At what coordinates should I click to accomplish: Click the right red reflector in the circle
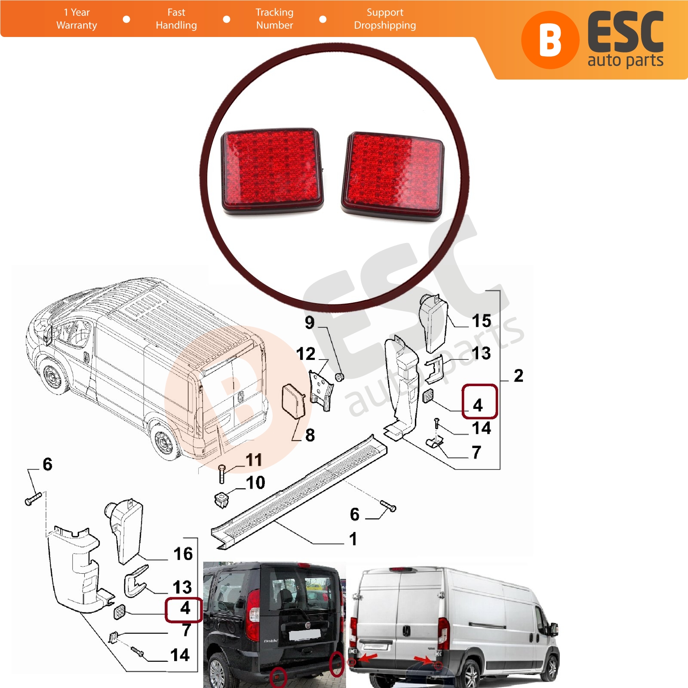coord(393,176)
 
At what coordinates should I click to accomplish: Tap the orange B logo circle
coord(550,40)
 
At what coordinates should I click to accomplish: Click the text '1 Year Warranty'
coord(77,19)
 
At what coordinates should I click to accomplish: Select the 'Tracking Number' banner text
coord(274,19)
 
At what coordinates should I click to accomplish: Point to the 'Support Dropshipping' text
coord(385,19)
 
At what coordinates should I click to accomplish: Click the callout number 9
coord(310,322)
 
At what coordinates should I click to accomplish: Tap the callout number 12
coord(306,354)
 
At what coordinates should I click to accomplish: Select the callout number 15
coord(481,321)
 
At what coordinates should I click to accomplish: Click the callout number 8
coord(310,435)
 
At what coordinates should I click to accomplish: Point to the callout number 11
coord(254,460)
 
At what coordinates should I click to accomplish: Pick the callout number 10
coord(255,482)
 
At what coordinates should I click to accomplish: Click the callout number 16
coord(183,554)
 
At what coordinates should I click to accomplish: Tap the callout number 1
coord(353,539)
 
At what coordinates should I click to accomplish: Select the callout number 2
coord(519,376)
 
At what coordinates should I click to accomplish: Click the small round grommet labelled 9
coord(339,378)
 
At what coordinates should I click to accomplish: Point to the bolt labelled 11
coord(222,474)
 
